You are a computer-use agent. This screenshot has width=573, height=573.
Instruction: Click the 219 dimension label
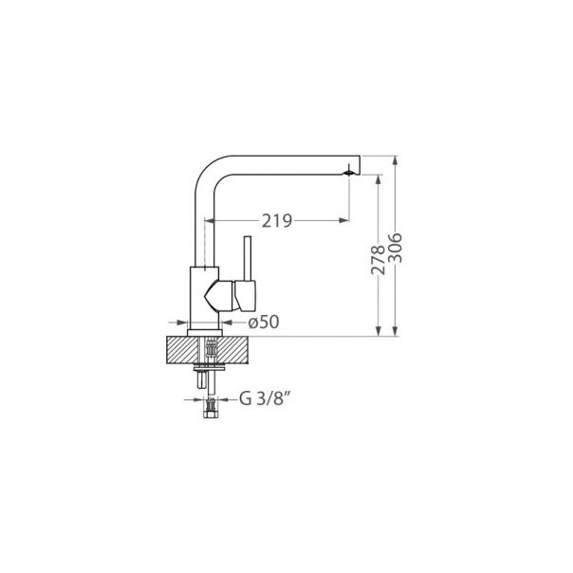click(x=275, y=220)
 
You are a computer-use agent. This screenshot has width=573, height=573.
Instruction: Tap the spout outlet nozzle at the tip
click(x=350, y=173)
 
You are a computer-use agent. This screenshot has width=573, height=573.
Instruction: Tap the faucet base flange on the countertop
click(x=207, y=333)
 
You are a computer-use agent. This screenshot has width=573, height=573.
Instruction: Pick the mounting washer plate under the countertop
click(x=207, y=366)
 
